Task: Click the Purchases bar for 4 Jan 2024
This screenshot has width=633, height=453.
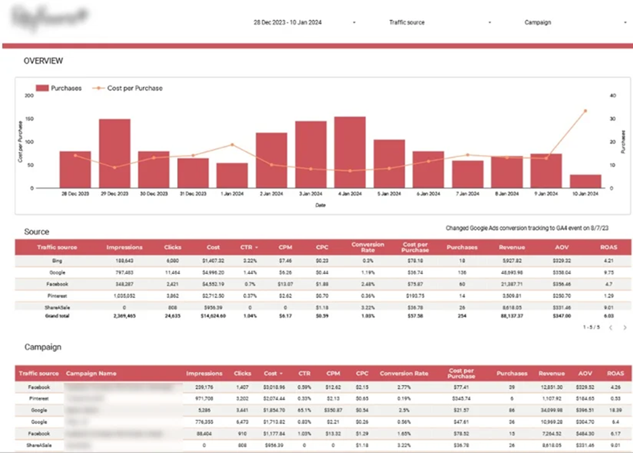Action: click(349, 151)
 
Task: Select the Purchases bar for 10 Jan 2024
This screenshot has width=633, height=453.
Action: click(585, 180)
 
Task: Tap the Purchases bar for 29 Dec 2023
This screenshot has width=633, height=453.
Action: click(114, 153)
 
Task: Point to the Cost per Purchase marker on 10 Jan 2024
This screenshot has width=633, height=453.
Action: click(585, 110)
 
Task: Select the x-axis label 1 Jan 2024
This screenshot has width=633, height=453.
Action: click(232, 193)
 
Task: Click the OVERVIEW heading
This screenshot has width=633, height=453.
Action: click(43, 61)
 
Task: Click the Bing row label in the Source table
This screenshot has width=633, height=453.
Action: click(57, 260)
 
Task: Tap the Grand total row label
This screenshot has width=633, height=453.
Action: click(57, 314)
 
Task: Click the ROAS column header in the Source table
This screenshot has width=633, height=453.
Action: click(608, 247)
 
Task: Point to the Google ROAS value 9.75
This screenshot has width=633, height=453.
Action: click(608, 272)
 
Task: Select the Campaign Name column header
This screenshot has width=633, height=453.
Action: click(91, 373)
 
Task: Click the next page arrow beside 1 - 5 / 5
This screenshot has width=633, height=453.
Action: click(624, 328)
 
